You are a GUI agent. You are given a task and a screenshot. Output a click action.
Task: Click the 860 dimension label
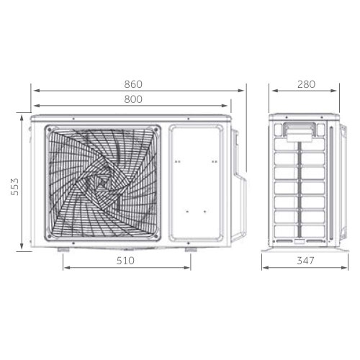(133, 84)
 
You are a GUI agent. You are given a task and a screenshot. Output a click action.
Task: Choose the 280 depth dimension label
(306, 84)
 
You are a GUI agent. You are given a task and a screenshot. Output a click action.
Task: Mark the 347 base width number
(306, 261)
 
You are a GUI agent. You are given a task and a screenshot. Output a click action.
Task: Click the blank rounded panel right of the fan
(195, 181)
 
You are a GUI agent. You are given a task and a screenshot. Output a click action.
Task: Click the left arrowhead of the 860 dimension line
(32, 91)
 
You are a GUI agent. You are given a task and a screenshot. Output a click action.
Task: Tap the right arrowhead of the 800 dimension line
(228, 107)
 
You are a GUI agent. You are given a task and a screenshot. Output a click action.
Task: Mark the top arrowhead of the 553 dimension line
(22, 114)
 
